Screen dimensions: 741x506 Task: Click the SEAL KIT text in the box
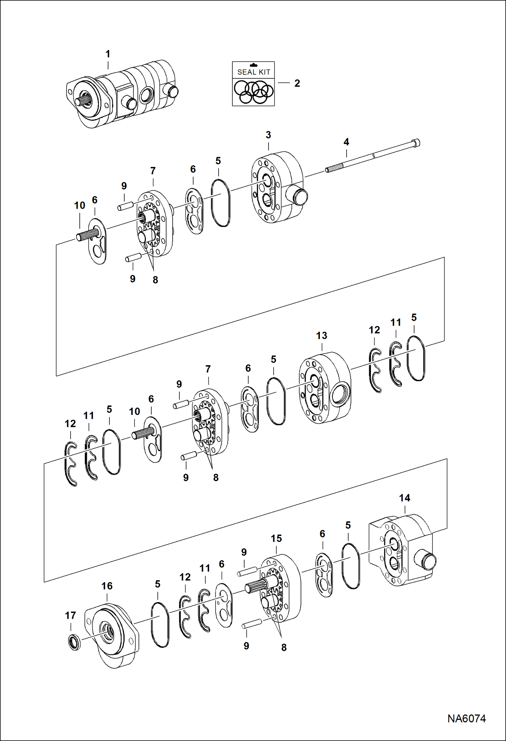pyautogui.click(x=253, y=72)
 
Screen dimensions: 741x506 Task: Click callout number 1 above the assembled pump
pyautogui.click(x=108, y=54)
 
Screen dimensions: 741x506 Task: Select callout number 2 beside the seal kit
pyautogui.click(x=297, y=83)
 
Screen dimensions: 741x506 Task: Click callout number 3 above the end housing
pyautogui.click(x=268, y=135)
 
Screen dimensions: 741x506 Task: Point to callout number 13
pyautogui.click(x=321, y=336)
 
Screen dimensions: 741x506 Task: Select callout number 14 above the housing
pyautogui.click(x=404, y=498)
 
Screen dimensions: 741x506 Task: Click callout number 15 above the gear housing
pyautogui.click(x=276, y=538)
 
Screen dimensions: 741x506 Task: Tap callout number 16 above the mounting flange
pyautogui.click(x=107, y=586)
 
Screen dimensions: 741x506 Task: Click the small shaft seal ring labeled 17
pyautogui.click(x=74, y=642)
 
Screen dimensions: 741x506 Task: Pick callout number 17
pyautogui.click(x=70, y=615)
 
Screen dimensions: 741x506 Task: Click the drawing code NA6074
pyautogui.click(x=466, y=718)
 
